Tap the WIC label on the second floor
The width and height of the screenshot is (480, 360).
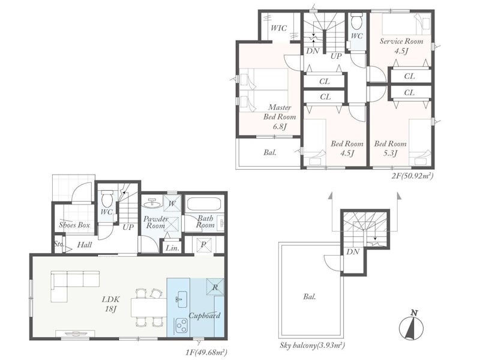click(x=279, y=28)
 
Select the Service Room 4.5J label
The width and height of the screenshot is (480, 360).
click(x=401, y=46)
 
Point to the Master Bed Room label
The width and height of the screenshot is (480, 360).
click(x=280, y=112)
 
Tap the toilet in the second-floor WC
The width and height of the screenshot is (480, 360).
click(x=356, y=20)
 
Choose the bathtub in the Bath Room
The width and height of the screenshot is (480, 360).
click(x=205, y=203)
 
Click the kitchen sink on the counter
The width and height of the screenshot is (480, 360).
click(x=181, y=296)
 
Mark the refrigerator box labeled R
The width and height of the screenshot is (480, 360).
click(x=215, y=287)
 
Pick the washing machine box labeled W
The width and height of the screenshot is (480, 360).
click(x=172, y=203)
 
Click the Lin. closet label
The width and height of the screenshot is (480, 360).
click(x=172, y=248)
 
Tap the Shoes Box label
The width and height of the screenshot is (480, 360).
click(x=74, y=225)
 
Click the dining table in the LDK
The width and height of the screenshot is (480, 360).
click(x=149, y=308)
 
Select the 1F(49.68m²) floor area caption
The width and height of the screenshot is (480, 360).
click(x=206, y=352)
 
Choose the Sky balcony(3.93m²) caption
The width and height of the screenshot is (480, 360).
click(x=312, y=346)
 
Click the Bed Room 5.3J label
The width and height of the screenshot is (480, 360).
click(x=391, y=148)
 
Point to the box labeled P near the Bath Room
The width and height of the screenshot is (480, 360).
click(x=203, y=245)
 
